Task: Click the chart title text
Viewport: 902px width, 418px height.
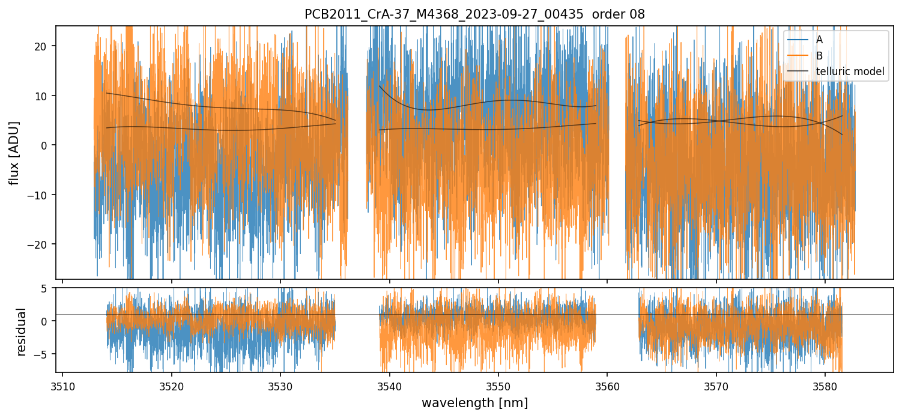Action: (x=474, y=14)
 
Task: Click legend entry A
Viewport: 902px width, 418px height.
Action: (x=819, y=40)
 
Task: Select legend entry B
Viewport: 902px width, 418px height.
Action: (x=819, y=55)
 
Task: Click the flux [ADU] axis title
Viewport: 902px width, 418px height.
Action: (x=14, y=152)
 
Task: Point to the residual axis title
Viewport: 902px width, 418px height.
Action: (x=22, y=332)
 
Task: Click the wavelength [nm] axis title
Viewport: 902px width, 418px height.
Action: (x=474, y=403)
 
